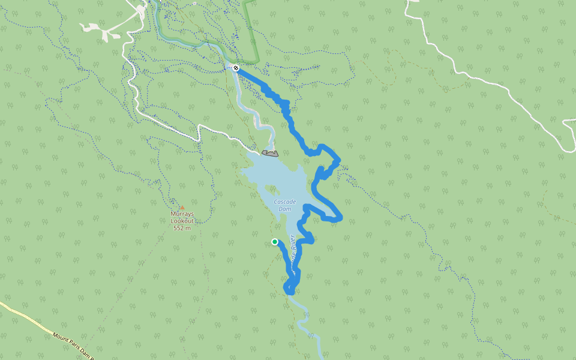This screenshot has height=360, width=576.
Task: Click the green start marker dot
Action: coord(275,242)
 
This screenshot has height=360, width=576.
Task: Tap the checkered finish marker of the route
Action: coord(236,68)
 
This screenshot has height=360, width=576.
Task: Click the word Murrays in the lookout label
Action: coord(182,214)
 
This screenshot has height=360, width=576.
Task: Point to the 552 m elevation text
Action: coord(182,228)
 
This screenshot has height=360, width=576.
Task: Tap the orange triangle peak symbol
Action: coord(182,207)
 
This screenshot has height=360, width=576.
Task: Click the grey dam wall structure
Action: coord(270,154)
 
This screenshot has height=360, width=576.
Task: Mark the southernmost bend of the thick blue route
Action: coord(289,291)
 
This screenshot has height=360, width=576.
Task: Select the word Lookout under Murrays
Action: coord(182,221)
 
